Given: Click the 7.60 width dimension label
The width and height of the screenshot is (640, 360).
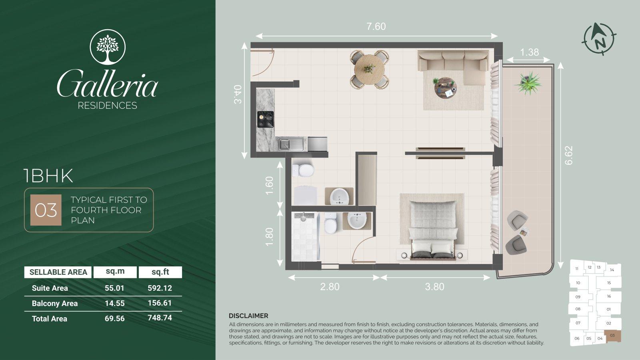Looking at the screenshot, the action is (x=376, y=26).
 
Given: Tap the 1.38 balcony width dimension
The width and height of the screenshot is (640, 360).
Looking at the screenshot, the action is (x=530, y=52).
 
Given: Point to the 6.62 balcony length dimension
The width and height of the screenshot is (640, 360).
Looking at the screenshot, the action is (x=568, y=155).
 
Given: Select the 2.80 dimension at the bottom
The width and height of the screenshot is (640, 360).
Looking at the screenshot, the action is (x=330, y=286).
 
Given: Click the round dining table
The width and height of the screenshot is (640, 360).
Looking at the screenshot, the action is (x=370, y=70).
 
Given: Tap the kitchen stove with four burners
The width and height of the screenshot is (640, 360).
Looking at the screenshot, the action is (x=266, y=119).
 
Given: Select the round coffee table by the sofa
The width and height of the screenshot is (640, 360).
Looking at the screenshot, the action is (x=445, y=88).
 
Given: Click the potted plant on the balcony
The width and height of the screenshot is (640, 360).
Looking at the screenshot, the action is (x=528, y=83).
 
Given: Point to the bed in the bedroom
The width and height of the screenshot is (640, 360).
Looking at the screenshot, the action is (x=432, y=230).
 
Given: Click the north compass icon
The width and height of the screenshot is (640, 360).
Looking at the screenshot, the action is (x=599, y=39).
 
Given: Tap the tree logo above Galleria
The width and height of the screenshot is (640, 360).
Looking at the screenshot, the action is (x=108, y=47).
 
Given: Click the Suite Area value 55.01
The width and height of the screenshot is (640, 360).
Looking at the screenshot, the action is (x=114, y=288).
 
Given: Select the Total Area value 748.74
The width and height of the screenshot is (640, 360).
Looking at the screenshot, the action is (x=160, y=318).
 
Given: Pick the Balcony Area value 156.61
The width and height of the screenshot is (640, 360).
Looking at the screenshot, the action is (x=160, y=303).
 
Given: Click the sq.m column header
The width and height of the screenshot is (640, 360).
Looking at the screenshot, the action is (x=115, y=271).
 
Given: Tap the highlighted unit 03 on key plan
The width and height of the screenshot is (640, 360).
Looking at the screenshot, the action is (x=612, y=336).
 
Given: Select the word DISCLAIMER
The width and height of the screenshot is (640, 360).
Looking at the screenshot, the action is (x=248, y=316).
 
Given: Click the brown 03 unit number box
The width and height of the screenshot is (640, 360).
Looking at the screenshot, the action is (x=46, y=210).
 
